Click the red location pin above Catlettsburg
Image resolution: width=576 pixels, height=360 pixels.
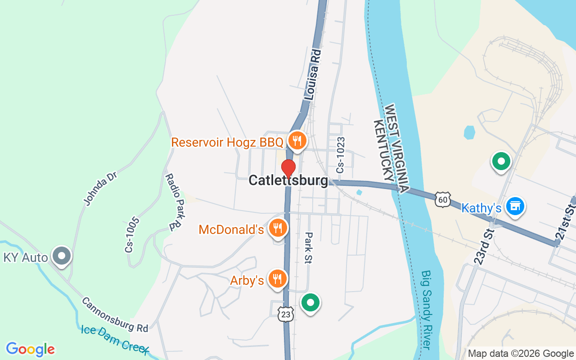[288, 168]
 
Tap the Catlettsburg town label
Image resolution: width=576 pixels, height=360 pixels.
[288, 181]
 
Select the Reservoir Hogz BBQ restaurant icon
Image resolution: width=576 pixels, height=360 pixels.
[297, 141]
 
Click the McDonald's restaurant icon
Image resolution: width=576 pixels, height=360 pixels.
[278, 228]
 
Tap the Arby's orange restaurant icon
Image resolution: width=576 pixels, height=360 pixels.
[277, 279]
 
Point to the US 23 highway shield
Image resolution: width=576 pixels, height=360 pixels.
[285, 314]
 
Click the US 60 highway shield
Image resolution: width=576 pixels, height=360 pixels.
[443, 199]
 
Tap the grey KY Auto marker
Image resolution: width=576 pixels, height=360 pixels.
[62, 256]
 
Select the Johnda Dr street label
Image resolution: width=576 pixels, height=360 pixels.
[100, 188]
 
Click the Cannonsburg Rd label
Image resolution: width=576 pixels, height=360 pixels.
[115, 315]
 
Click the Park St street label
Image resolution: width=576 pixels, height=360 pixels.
[309, 247]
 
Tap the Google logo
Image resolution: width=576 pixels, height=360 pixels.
[30, 349]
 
